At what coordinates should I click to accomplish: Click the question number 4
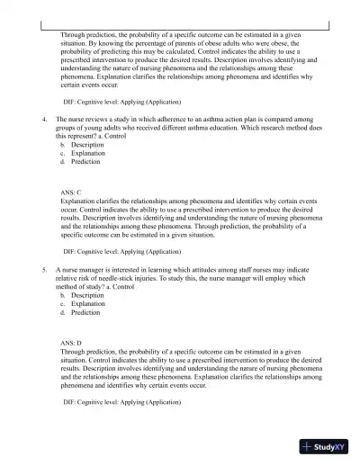coord(44,118)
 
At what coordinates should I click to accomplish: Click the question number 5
coord(44,268)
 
